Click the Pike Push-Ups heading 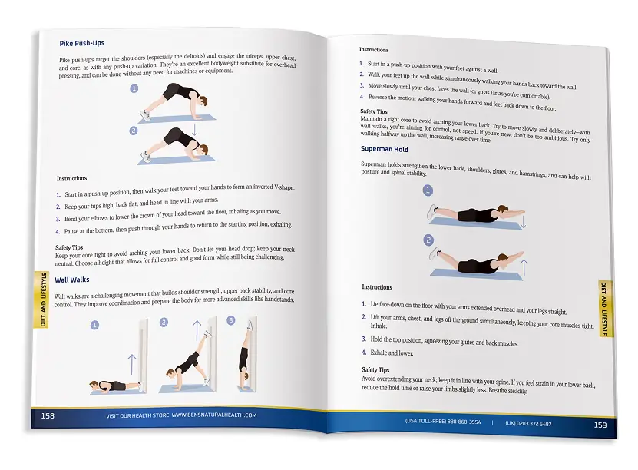82,43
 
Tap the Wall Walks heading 72,280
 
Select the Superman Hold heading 384,149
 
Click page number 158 48,416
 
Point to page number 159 600,425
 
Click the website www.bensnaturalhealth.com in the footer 214,415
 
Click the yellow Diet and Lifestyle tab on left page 43,300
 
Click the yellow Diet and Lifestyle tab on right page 604,309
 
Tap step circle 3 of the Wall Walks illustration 231,320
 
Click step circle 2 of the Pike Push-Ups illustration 134,131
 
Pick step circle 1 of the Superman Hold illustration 428,190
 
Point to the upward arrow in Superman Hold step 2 524,268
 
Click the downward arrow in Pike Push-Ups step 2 194,129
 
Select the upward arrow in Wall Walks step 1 131,364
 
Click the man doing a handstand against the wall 246,353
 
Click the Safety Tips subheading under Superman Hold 375,370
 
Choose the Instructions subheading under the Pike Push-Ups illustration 71,178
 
